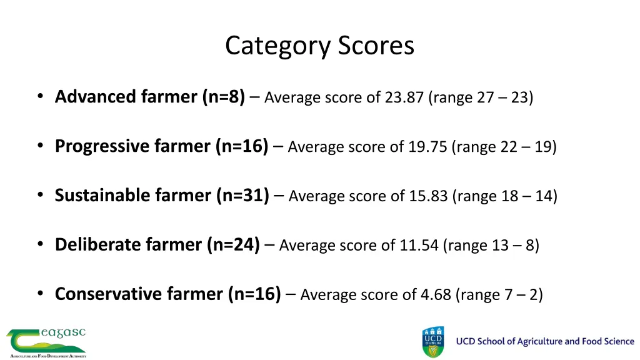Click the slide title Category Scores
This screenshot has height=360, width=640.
click(319, 46)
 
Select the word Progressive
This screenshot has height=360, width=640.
click(102, 146)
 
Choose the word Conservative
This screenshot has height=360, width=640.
click(107, 294)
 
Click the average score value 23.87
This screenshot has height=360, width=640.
click(404, 98)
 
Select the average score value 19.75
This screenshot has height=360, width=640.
click(427, 147)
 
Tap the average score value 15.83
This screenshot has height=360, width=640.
click(428, 196)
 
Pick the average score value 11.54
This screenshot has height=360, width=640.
click(419, 245)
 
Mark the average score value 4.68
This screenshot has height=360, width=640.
click(436, 294)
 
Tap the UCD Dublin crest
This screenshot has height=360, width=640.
click(433, 342)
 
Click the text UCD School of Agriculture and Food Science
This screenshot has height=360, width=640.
click(545, 341)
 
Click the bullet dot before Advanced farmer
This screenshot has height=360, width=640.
click(40, 97)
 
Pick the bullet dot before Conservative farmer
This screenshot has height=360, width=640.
click(40, 294)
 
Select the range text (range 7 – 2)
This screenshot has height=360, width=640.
click(499, 294)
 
